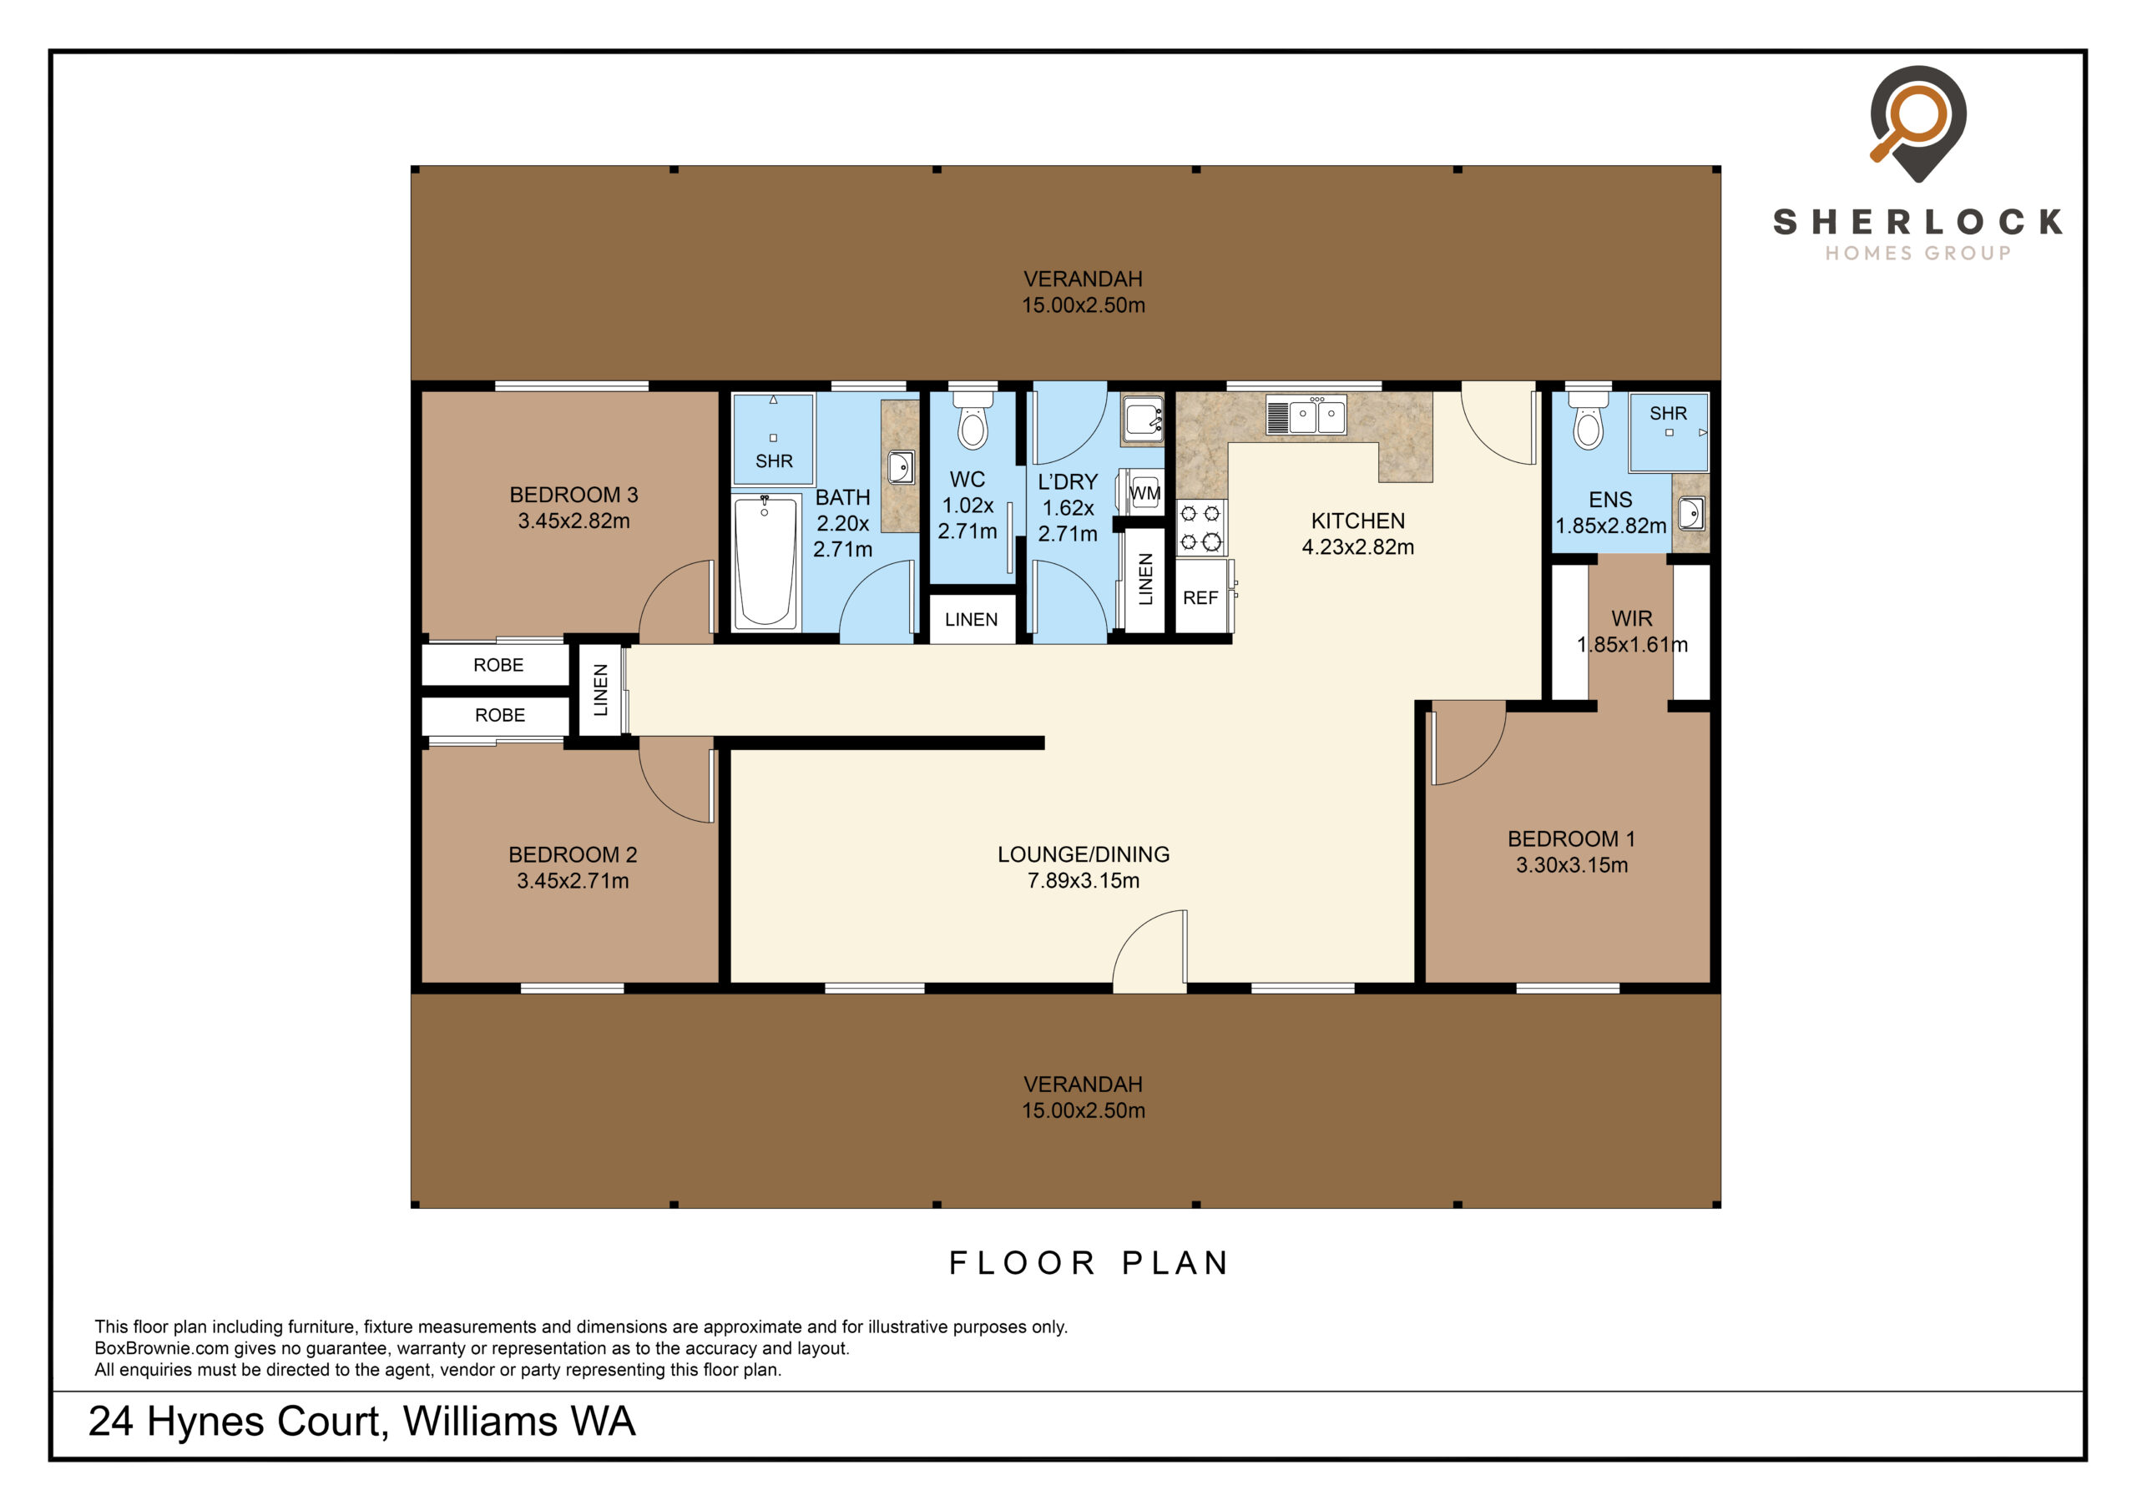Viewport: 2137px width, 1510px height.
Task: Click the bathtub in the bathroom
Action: coord(765,563)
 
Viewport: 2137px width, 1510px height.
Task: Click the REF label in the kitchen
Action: coord(1200,598)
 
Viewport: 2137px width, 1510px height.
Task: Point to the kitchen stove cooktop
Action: coord(1200,527)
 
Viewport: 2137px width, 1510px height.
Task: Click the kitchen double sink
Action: coord(1306,415)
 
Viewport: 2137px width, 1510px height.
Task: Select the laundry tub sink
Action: coord(1142,418)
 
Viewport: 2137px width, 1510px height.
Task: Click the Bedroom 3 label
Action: coord(573,495)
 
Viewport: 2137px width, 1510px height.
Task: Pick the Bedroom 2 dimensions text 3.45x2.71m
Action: coord(573,881)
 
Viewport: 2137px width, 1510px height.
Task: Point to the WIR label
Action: coord(1632,619)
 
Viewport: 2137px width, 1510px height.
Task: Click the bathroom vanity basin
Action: coord(900,466)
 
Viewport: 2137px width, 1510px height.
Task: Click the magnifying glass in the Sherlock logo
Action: coord(1908,122)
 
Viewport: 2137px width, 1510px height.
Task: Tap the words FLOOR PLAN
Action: coord(1089,1262)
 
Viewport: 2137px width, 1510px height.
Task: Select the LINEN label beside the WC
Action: coord(971,620)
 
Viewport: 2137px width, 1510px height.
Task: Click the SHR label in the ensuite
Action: coord(1668,413)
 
